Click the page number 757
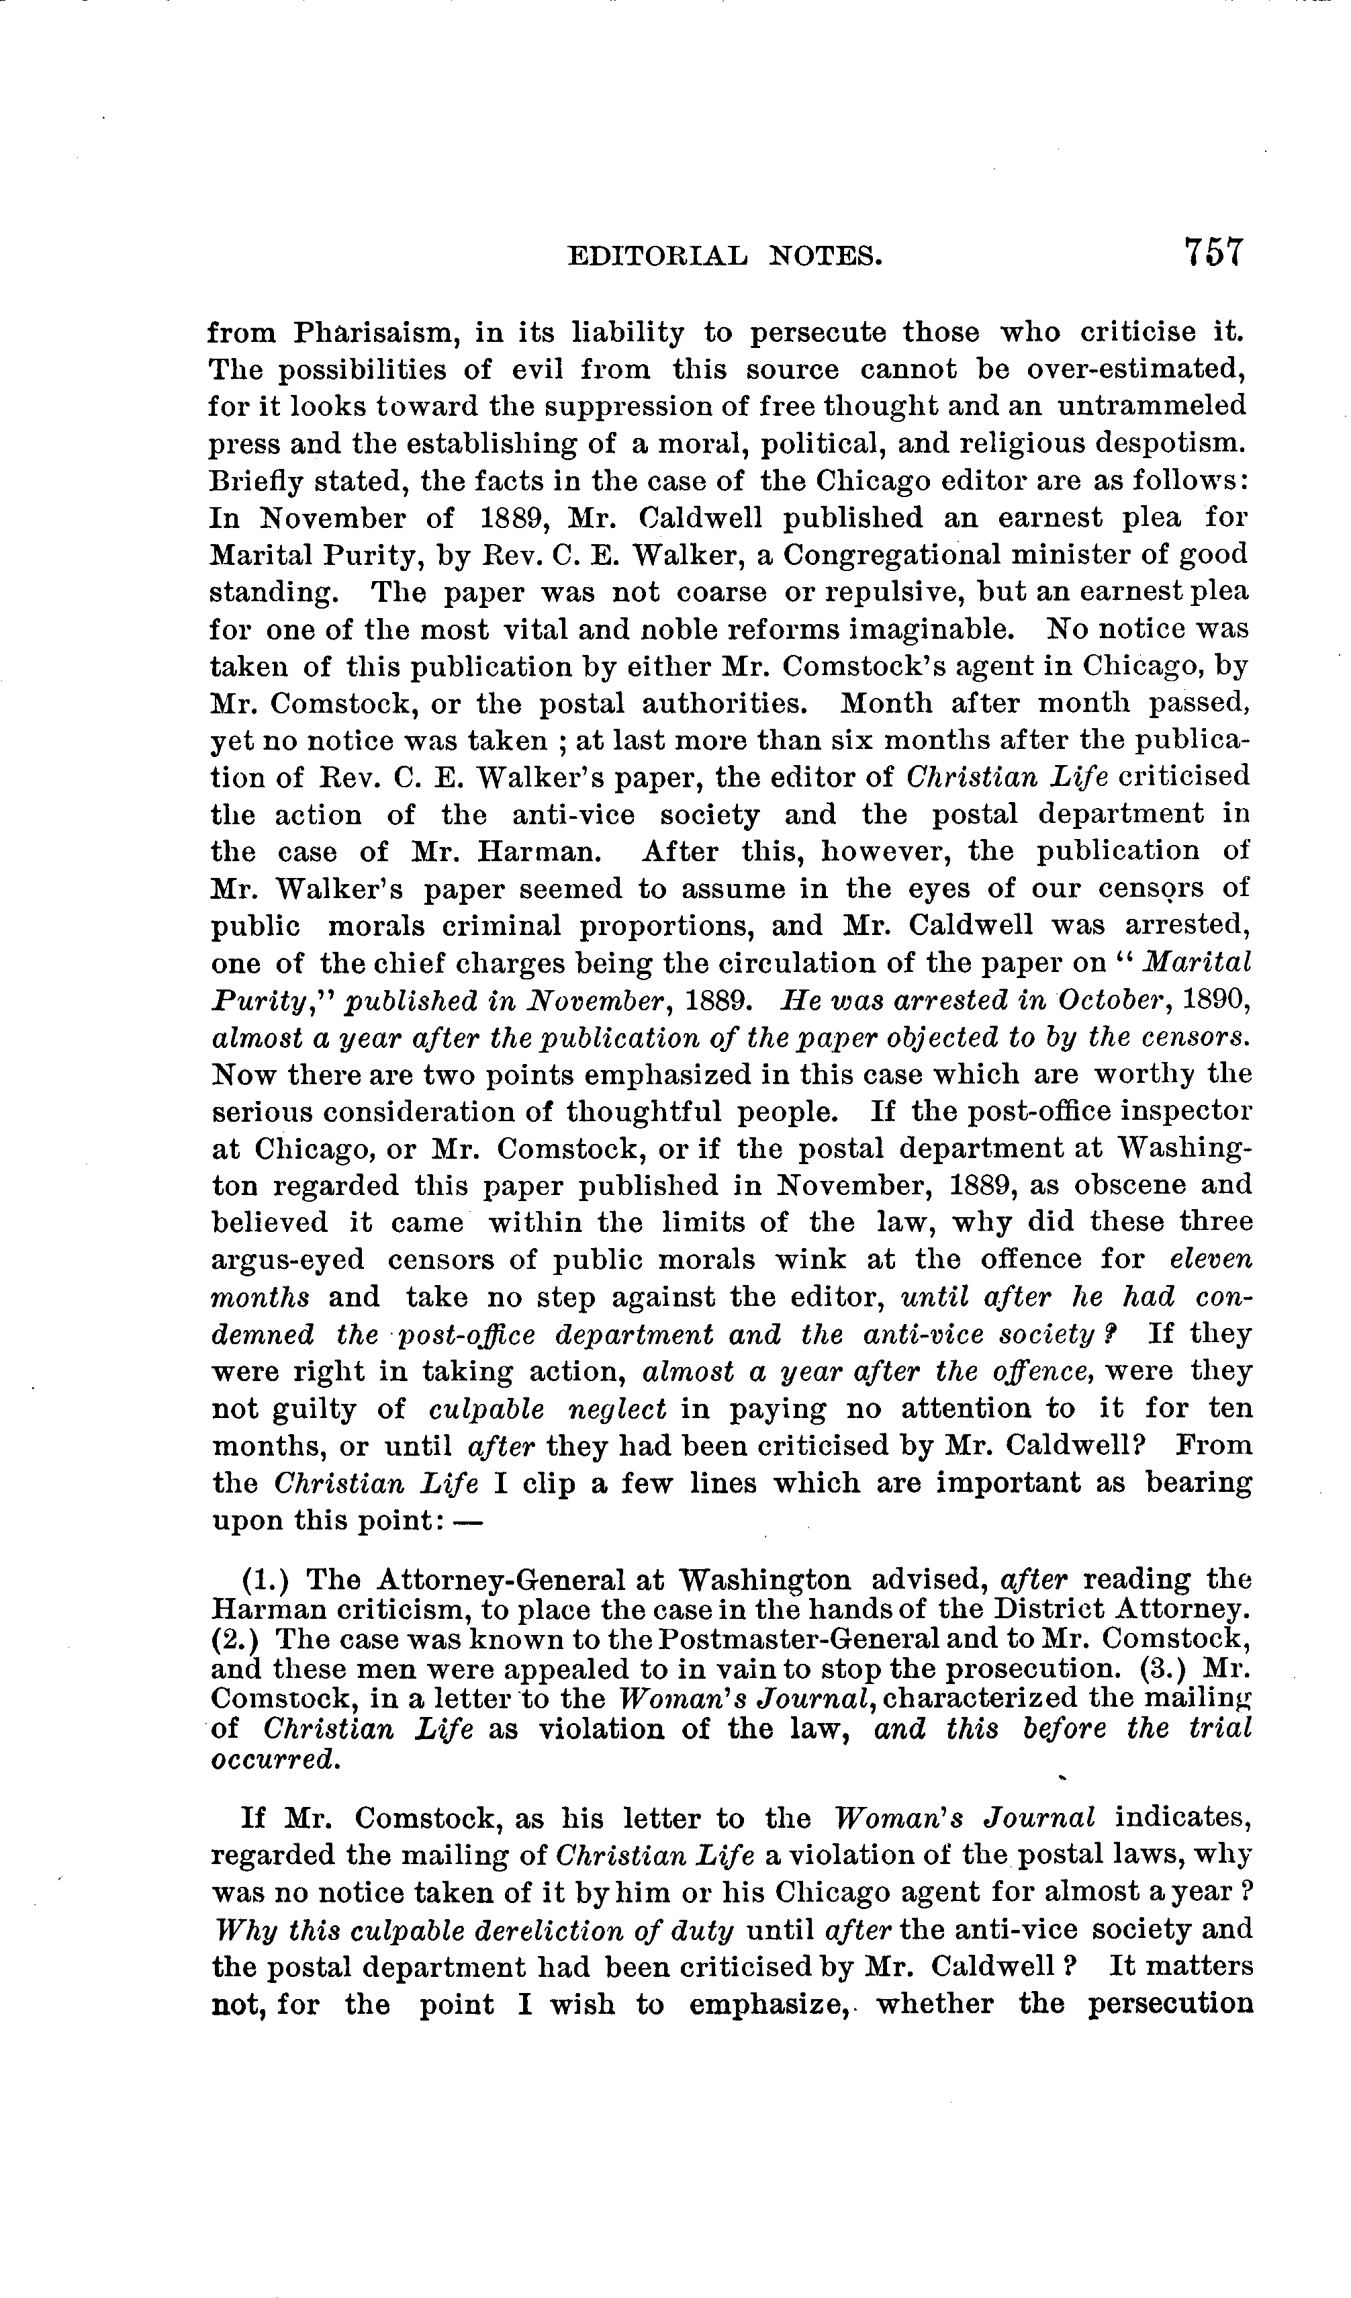tap(1213, 252)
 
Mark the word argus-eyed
tap(288, 1260)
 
